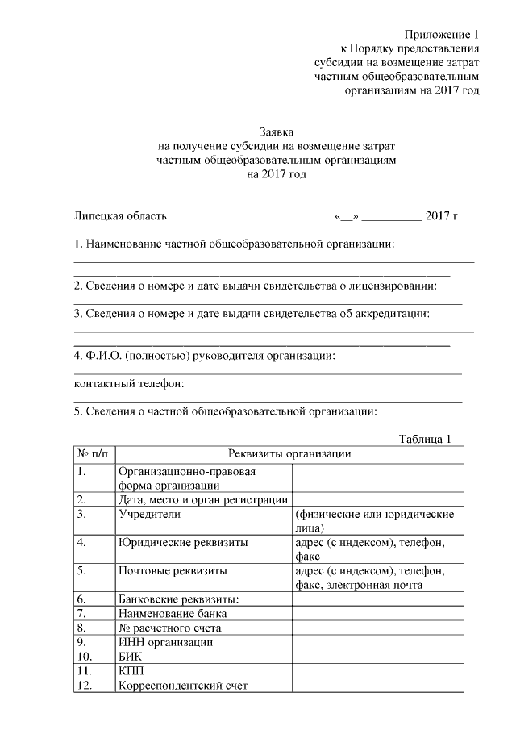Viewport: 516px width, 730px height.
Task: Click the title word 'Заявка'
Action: pos(277,131)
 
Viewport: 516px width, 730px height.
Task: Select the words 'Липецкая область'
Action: pos(120,215)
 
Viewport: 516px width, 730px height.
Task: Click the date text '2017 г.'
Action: pos(443,215)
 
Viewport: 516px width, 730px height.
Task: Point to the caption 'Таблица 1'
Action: pos(425,439)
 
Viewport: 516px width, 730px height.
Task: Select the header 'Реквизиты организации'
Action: pos(289,454)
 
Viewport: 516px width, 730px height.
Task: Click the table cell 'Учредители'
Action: pos(149,513)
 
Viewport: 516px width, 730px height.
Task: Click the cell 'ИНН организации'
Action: pos(165,642)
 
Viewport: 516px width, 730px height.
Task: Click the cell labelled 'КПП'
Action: pos(130,671)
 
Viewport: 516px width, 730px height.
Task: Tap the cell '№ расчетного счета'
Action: pos(169,628)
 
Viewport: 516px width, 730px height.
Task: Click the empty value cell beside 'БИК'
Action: pos(377,657)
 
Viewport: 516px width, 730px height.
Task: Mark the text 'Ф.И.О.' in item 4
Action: pos(105,355)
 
